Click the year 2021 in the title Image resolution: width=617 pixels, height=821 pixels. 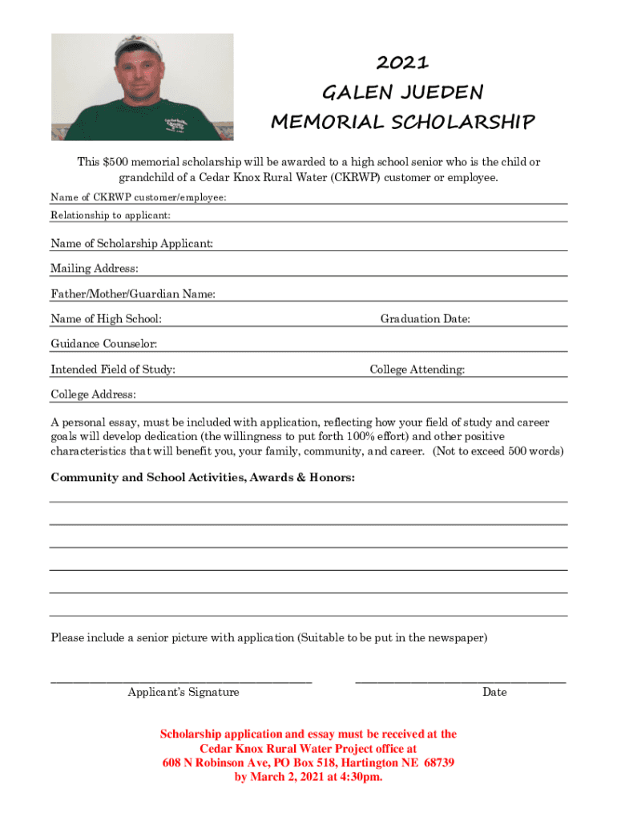[x=402, y=63]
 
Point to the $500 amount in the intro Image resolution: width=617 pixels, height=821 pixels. [x=117, y=162]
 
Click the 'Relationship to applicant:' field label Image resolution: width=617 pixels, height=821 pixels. [x=111, y=216]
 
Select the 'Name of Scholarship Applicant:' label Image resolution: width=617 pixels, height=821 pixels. [x=132, y=243]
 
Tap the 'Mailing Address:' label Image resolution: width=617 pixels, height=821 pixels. [x=95, y=269]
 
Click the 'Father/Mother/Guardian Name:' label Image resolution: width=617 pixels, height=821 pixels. [x=133, y=294]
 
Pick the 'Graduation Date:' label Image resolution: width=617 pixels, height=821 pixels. [x=425, y=319]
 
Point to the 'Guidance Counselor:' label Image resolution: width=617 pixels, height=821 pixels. [x=104, y=344]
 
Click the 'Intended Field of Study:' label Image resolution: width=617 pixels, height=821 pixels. [x=113, y=370]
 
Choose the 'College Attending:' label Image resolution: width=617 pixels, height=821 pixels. [x=417, y=370]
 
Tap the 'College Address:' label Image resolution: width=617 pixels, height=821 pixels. [x=93, y=394]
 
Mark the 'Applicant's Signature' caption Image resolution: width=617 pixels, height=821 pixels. [x=183, y=692]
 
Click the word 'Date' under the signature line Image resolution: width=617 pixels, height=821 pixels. [x=494, y=692]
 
